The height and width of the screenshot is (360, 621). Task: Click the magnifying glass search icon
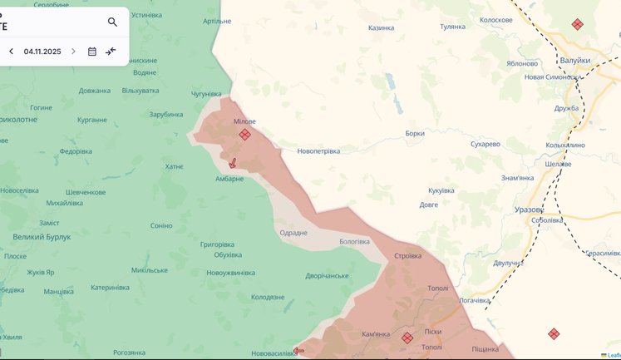click(112, 22)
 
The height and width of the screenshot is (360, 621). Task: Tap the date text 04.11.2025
click(42, 52)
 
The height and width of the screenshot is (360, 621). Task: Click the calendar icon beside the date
click(92, 52)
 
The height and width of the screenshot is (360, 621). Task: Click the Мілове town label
click(244, 121)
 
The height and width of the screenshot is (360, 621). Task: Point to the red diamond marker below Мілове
click(244, 135)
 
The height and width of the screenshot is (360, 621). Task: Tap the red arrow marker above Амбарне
click(233, 163)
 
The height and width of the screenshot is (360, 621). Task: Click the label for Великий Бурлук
click(42, 237)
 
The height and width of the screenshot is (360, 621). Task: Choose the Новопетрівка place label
click(318, 151)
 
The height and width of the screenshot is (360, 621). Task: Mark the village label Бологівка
click(354, 242)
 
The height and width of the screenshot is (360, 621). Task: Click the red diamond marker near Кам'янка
click(407, 338)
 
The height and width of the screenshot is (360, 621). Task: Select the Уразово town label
click(529, 210)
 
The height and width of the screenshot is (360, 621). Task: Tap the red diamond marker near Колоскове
click(577, 25)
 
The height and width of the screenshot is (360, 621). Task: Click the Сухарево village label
click(485, 144)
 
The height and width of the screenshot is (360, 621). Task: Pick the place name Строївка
click(407, 256)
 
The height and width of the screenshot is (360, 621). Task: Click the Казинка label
click(381, 27)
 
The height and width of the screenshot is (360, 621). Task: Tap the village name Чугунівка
click(207, 95)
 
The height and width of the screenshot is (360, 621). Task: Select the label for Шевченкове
click(86, 192)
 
